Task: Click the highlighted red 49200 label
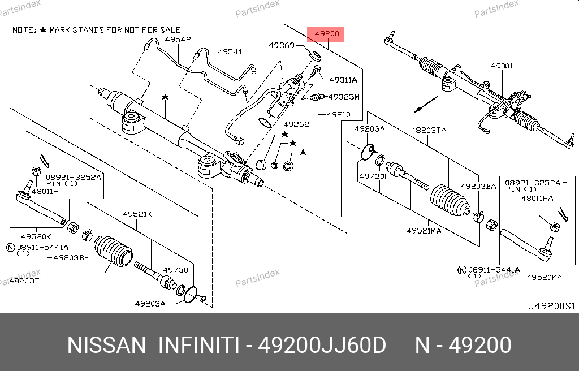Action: pos(327,34)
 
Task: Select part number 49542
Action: pos(178,40)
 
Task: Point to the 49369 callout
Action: pos(281,45)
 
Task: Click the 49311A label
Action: pos(343,80)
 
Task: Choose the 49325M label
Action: pos(344,97)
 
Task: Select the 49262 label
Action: pos(296,124)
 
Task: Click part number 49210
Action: pos(338,114)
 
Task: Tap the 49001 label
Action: pos(502,66)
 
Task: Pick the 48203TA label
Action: pos(428,130)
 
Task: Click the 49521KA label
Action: pos(424,231)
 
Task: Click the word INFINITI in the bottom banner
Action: pos(197,345)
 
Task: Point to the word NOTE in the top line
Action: pos(23,29)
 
